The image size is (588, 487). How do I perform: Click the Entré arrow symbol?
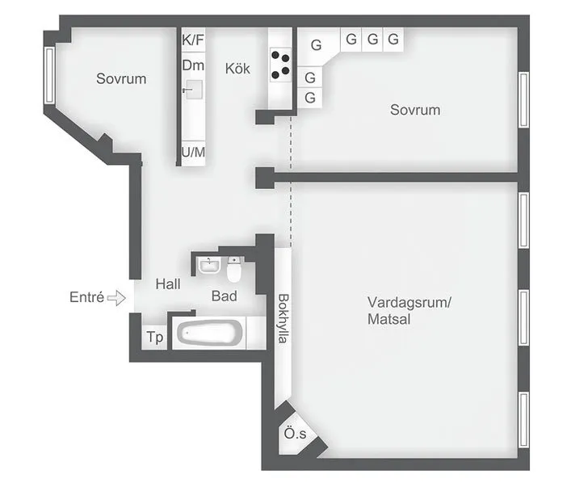(x=116, y=298)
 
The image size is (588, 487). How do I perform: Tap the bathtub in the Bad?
(x=210, y=332)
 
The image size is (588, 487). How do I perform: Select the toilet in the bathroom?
(x=233, y=270)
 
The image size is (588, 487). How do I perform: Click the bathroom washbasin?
(x=209, y=266)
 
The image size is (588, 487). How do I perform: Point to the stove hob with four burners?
(x=280, y=65)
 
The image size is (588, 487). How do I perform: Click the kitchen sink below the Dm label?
(x=193, y=90)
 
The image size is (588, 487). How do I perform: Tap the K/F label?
(x=193, y=40)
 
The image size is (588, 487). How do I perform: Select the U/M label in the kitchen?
(x=193, y=152)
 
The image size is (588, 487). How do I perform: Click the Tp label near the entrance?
(x=154, y=337)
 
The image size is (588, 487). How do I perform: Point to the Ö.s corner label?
(x=295, y=434)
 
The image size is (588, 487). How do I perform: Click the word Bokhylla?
(x=283, y=318)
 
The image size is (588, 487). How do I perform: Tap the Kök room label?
(x=237, y=69)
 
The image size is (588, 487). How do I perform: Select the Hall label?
(x=168, y=283)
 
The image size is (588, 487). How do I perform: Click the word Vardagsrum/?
(x=409, y=302)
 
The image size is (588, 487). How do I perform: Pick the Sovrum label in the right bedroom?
(x=415, y=110)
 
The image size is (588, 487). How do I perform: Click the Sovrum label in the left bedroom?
(x=121, y=78)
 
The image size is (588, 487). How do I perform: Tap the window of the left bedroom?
(x=49, y=75)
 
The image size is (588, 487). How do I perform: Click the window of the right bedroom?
(x=523, y=99)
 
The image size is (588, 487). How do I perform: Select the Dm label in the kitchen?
(x=193, y=65)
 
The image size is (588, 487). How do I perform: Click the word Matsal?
(x=388, y=319)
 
